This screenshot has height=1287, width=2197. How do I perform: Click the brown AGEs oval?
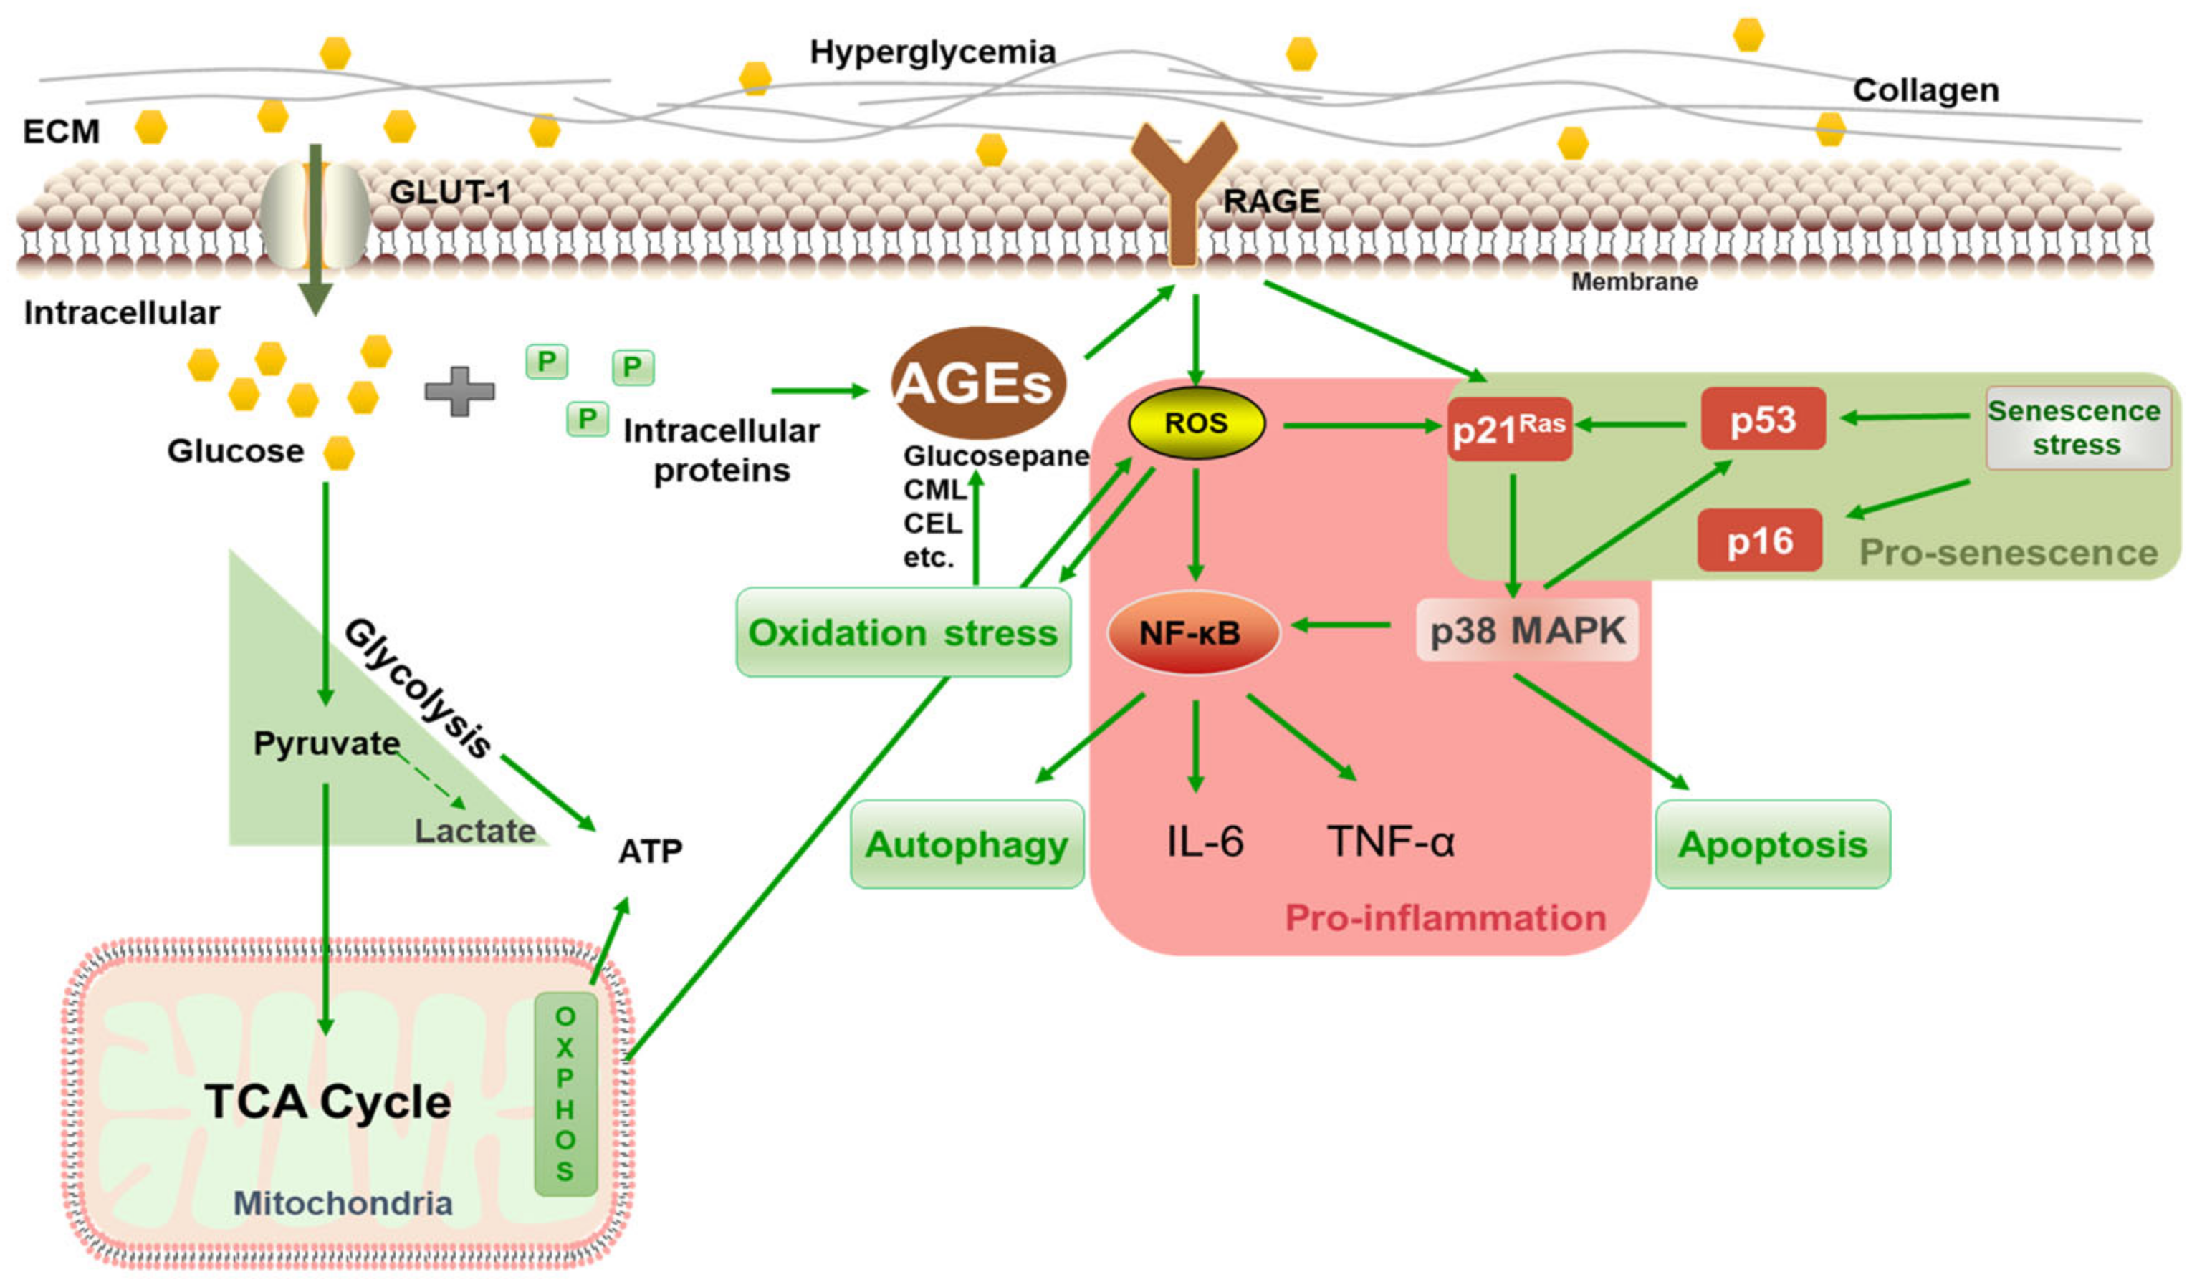(977, 382)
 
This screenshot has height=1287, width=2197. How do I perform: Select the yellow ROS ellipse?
(1195, 423)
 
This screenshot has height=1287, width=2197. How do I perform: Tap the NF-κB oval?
(1192, 632)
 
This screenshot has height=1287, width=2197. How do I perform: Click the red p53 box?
(1762, 420)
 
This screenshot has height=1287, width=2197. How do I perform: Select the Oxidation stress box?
(902, 632)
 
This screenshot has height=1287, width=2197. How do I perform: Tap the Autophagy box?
(966, 844)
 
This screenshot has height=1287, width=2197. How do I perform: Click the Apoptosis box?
(1771, 844)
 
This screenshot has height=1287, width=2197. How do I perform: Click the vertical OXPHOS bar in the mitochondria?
(565, 1094)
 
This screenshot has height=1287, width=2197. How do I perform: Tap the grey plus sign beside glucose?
(459, 391)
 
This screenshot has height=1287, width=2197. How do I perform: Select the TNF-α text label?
(1391, 842)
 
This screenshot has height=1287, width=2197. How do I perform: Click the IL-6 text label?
(1204, 842)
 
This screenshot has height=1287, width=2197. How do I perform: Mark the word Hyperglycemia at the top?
(932, 52)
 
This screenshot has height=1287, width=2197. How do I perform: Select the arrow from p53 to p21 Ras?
(1630, 425)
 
